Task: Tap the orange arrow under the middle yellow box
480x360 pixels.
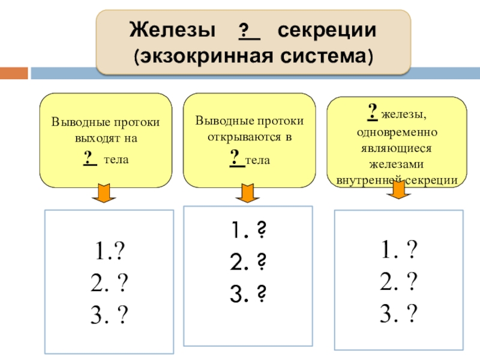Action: tap(247, 193)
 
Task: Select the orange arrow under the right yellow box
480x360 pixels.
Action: tap(397, 190)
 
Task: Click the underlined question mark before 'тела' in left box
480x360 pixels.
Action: tap(89, 158)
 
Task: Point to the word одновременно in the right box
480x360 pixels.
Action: tap(397, 131)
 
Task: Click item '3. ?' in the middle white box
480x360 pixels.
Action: tap(248, 293)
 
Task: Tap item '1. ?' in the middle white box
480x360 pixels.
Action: tap(248, 230)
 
